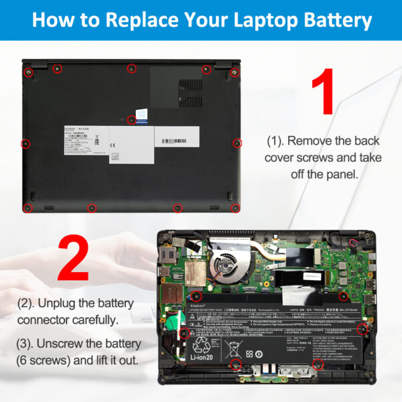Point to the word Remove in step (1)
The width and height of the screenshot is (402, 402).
tap(310, 141)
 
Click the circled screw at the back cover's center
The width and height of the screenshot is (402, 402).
tap(131, 120)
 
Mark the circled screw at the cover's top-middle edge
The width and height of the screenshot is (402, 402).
tap(131, 68)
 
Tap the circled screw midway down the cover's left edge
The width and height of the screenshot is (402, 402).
tap(25, 143)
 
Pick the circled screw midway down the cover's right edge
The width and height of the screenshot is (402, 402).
tap(237, 143)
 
